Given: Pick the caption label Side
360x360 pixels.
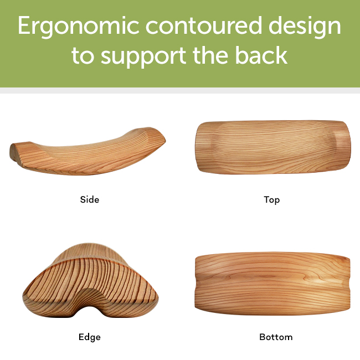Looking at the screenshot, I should coord(90,199).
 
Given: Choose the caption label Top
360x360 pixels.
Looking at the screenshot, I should coord(271,199).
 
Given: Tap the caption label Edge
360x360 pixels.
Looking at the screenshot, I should coord(90,337).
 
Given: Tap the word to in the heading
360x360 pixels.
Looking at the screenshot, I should coord(83,56).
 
